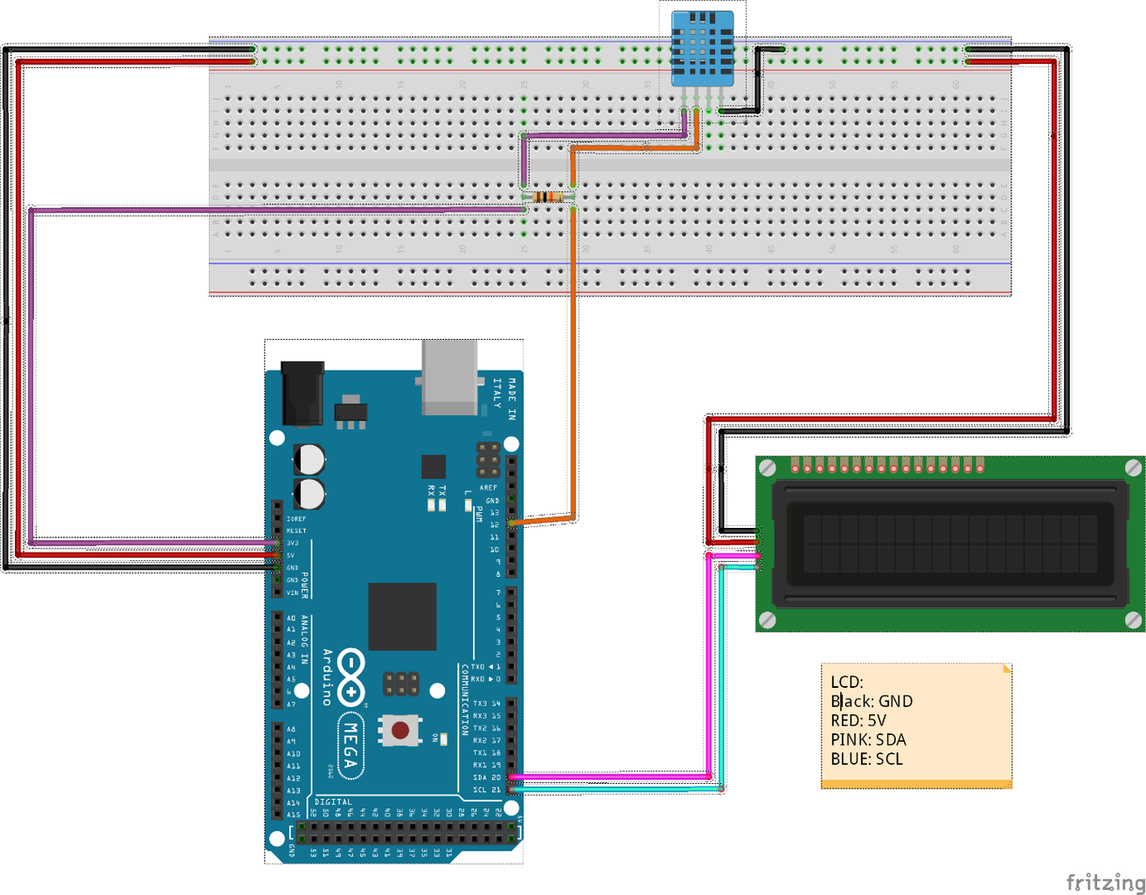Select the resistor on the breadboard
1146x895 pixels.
click(x=548, y=197)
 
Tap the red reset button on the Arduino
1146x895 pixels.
click(x=399, y=729)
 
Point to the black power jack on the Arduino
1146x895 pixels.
click(x=302, y=392)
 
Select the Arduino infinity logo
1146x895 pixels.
click(x=351, y=676)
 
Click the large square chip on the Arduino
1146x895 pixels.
click(x=402, y=616)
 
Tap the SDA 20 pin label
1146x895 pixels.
click(x=487, y=777)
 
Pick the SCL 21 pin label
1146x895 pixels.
click(x=487, y=789)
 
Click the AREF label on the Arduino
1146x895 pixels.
click(x=489, y=488)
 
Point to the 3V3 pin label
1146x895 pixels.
click(x=293, y=543)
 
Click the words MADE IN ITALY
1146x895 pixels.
click(x=503, y=399)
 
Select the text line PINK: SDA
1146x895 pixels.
click(x=868, y=739)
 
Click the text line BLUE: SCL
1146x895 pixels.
click(x=866, y=759)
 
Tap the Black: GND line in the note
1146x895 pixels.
click(x=872, y=701)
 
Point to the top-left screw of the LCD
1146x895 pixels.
click(x=767, y=468)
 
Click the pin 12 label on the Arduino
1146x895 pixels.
click(x=495, y=524)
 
